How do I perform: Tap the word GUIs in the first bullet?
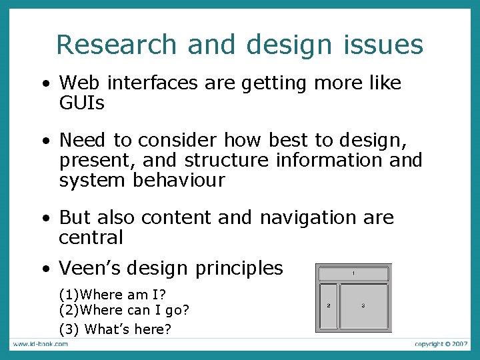pyautogui.click(x=82, y=103)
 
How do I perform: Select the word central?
pyautogui.click(x=91, y=237)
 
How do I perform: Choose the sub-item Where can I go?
pyautogui.click(x=124, y=310)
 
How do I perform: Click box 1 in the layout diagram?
pyautogui.click(x=353, y=274)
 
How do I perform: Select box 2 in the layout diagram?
pyautogui.click(x=328, y=306)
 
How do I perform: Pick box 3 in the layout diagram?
pyautogui.click(x=364, y=306)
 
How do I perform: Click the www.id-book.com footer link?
pyautogui.click(x=40, y=344)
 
